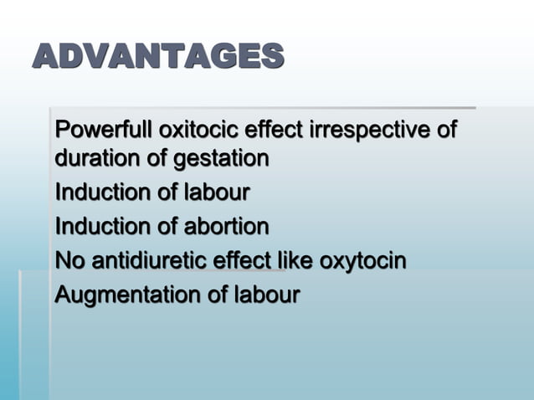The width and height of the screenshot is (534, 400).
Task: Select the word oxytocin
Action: click(364, 261)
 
